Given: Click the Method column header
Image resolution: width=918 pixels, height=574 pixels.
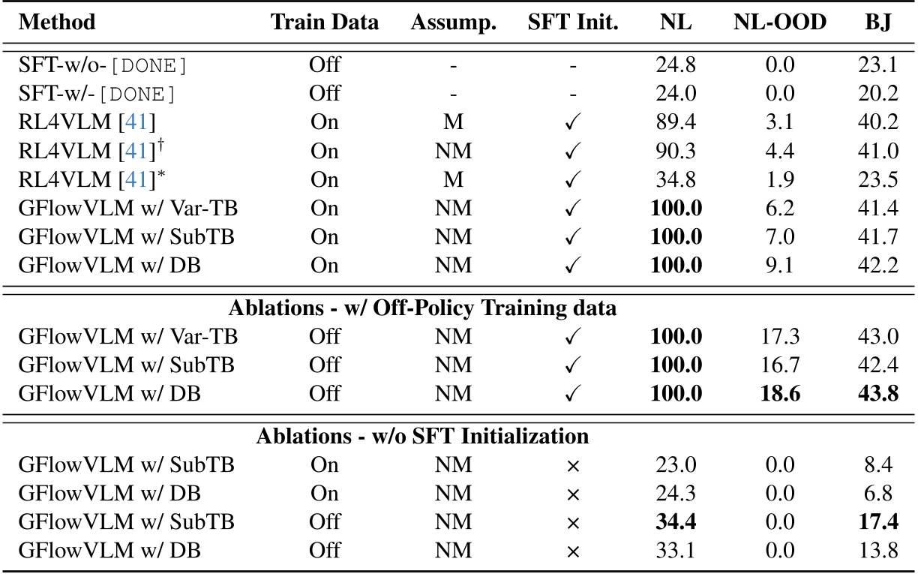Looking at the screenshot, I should coord(57,22).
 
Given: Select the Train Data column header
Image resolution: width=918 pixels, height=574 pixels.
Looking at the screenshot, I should coord(325,22).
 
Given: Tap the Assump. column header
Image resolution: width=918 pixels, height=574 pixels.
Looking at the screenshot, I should coord(454,23).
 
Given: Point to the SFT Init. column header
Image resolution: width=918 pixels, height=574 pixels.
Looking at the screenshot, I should coord(573,22).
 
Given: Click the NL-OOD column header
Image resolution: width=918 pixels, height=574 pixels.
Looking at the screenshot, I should coord(780,22).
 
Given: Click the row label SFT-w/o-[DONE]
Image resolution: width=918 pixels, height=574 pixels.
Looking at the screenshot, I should coord(103,65).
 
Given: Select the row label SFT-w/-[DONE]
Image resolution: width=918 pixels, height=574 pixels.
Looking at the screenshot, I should coord(97,94).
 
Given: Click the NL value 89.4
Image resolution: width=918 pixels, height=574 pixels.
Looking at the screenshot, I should coord(675,122).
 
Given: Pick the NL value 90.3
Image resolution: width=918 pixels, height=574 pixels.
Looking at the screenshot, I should coord(675,151).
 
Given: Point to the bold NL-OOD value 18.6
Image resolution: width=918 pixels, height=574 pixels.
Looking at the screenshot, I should coord(780,393).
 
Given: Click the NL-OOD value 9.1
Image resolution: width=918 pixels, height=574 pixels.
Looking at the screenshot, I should coord(780,266).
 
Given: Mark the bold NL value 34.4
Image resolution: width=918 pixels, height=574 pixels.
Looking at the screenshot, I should coord(675,521).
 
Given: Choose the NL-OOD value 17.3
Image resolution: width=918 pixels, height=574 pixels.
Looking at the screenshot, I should coord(780,336).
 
